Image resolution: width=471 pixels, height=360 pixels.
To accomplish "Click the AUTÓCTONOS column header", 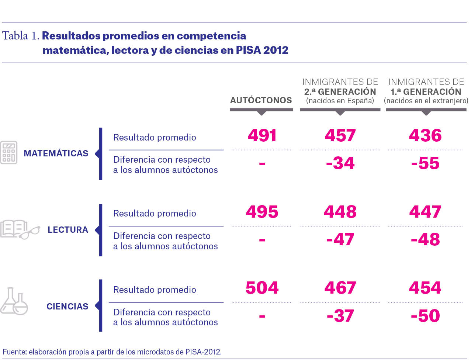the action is coord(261,100).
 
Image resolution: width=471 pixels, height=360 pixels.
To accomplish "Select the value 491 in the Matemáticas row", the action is coord(262,136).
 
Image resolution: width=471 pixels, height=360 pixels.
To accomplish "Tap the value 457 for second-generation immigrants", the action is coord(340,136).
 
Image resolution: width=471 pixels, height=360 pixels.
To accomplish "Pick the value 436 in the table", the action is coord(425,136).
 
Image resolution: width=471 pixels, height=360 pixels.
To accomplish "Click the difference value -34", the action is coord(340,163).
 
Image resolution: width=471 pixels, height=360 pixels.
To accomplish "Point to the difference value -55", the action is coord(425,163).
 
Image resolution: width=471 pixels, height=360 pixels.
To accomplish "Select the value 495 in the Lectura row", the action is coord(262,212).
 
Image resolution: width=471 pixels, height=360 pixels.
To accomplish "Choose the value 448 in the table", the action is coord(340,212).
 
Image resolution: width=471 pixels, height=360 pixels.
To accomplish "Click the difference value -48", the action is coord(425,239).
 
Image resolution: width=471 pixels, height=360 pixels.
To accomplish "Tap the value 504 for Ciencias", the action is coord(262,288).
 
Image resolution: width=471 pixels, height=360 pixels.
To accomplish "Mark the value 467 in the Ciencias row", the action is coord(340,288).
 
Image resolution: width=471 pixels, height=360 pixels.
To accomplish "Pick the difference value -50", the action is coord(425,316).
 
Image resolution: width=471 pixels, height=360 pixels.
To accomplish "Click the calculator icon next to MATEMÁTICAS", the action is coord(9,153).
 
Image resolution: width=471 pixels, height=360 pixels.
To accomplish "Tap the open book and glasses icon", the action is coord(20,229).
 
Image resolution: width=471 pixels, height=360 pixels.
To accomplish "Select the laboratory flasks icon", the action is coord(14,301).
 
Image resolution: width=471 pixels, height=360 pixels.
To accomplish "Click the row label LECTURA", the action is coord(68,230).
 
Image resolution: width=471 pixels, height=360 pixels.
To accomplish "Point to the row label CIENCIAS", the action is coord(67,307).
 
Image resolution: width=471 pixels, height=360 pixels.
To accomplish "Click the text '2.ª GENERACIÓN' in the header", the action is coord(340,91).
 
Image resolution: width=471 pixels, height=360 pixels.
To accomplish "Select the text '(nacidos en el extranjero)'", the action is coord(426,101).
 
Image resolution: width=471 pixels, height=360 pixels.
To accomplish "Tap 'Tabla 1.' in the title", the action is coord(21,36).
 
